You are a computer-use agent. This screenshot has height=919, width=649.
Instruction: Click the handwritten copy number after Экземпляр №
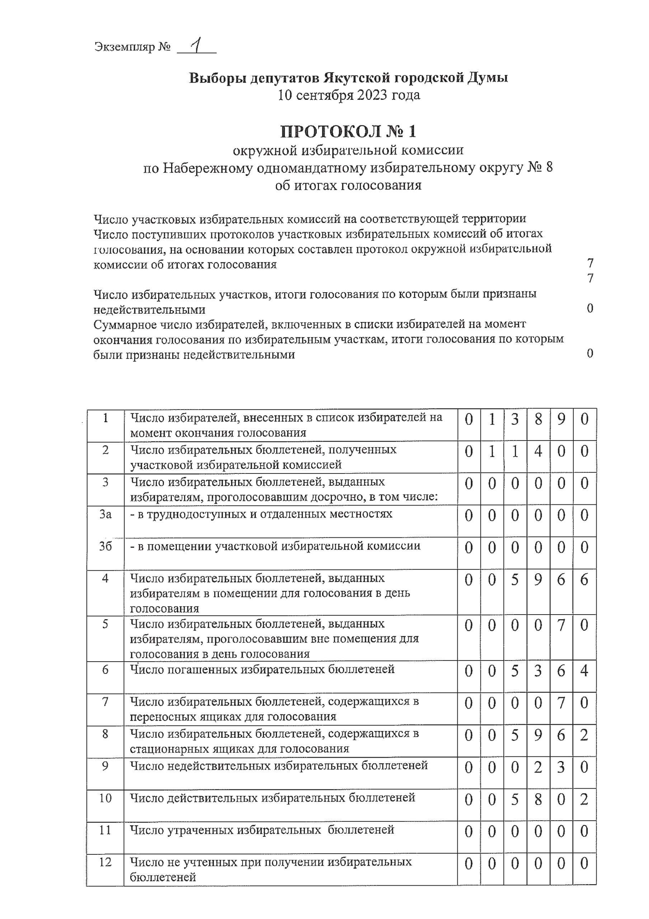coord(196,46)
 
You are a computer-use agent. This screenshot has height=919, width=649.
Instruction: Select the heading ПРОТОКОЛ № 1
coord(348,131)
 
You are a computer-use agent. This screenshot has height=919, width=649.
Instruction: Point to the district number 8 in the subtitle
coord(549,167)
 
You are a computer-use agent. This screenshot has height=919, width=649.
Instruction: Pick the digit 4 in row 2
coord(538,452)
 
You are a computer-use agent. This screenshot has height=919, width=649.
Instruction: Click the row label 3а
coord(105,514)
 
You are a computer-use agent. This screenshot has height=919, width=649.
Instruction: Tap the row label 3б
coord(105,546)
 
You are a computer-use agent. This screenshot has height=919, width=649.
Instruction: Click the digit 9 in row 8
coord(538,735)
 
